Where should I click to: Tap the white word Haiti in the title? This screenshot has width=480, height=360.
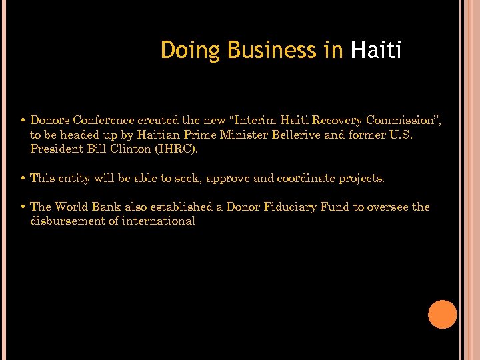(376, 51)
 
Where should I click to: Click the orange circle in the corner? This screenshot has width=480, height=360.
(443, 315)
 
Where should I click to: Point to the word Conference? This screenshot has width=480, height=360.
(103, 121)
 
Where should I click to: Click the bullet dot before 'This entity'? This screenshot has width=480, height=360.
(23, 178)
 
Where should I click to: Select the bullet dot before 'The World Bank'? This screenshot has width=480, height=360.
(23, 207)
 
